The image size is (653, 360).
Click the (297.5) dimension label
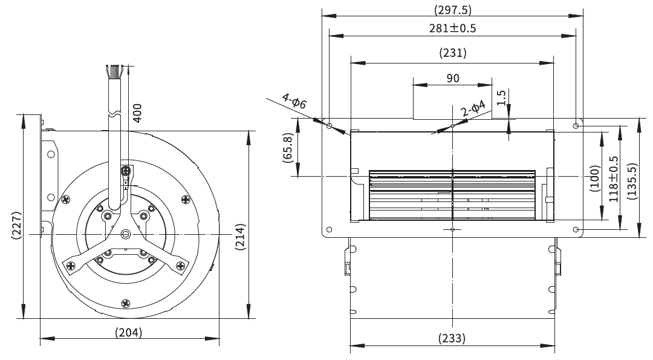coord(453,10)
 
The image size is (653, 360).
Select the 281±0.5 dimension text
coord(453,28)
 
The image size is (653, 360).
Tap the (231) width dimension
coord(453,53)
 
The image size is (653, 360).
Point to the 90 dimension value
coord(453,78)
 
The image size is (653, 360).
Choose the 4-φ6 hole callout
coord(294,100)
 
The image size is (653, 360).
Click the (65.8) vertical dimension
coord(288,148)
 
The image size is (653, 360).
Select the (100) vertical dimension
coord(595,178)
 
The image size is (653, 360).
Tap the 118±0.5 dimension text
coord(614,179)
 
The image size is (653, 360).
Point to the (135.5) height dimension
coord(632,181)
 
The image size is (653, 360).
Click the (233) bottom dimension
coord(452,338)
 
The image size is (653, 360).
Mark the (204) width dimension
coord(129,333)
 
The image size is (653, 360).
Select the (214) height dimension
coord(240,237)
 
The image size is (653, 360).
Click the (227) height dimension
coord(16,226)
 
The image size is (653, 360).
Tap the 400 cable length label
coord(137,113)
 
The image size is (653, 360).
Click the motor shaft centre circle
coord(125,234)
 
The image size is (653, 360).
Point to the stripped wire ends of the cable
coord(113,71)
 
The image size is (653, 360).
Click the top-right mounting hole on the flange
coord(576,125)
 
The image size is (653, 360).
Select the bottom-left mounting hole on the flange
coord(330,229)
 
